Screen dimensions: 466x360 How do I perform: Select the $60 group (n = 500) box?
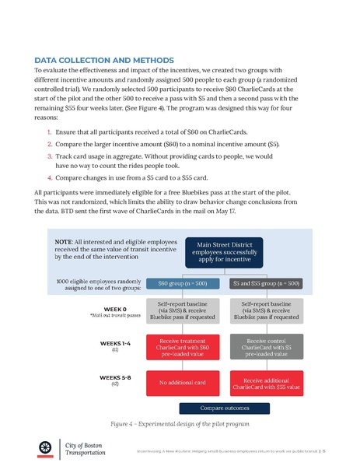point(182,284)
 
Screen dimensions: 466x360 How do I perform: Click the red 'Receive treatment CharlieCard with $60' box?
point(182,346)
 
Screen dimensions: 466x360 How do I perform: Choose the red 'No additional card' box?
point(182,382)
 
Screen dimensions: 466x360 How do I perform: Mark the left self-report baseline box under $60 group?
point(182,311)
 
